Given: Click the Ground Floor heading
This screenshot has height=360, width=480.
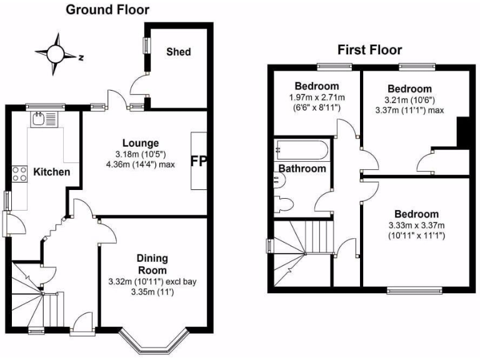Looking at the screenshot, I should [107, 9].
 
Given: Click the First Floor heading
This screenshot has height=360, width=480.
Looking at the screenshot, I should [369, 50].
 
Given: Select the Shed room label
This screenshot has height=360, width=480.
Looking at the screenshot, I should [178, 52].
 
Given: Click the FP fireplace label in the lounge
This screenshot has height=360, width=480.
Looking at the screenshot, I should [198, 161].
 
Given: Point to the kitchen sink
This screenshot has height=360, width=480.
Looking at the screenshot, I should [43, 119].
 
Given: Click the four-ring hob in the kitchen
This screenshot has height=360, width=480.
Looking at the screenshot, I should [19, 173].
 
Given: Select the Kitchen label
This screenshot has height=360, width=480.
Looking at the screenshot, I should [51, 172].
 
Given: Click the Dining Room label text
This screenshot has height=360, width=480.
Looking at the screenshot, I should [153, 264].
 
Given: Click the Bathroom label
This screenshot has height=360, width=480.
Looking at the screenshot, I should [302, 169].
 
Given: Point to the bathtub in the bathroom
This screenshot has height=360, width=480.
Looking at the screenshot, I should [300, 150].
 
